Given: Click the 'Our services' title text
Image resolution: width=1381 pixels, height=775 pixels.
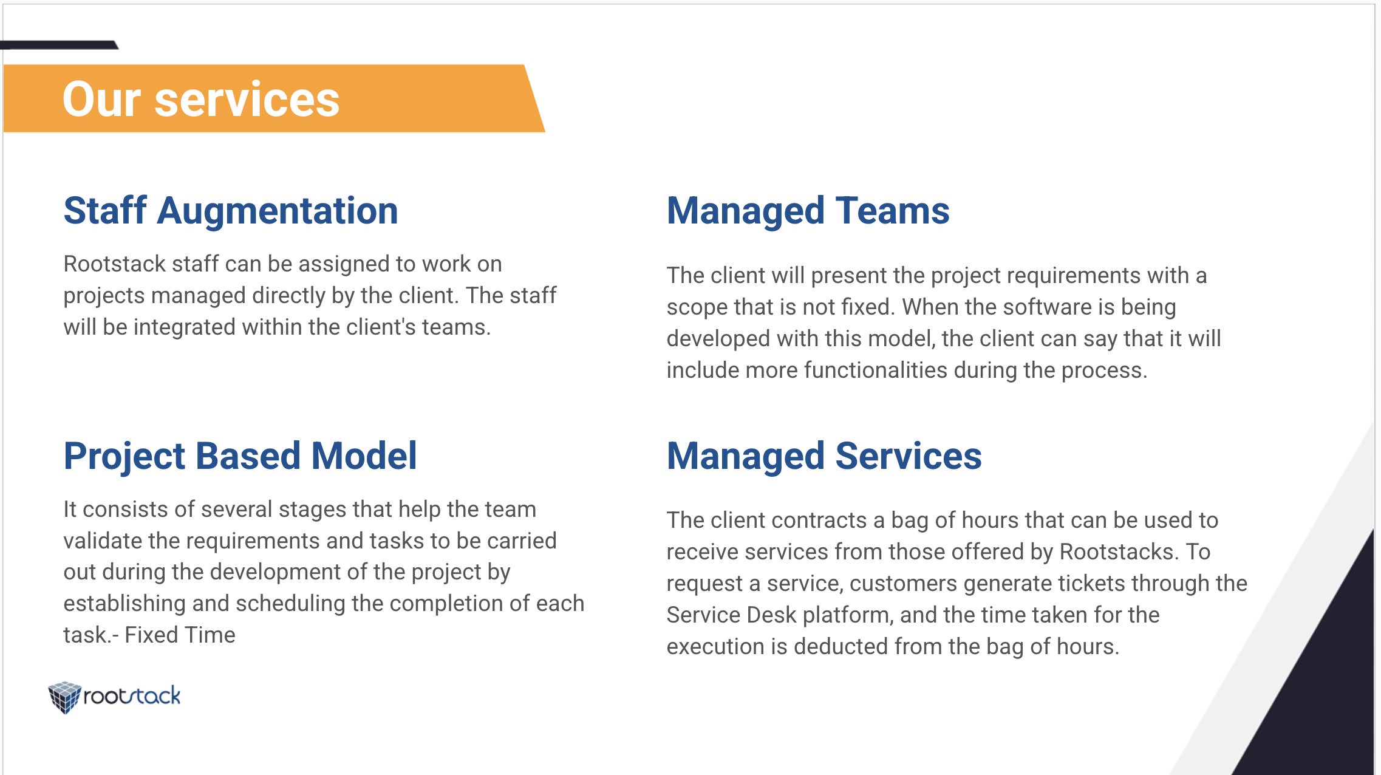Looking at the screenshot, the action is coord(201,99).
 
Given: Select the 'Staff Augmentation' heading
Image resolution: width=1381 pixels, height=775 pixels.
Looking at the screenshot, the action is coord(231,211).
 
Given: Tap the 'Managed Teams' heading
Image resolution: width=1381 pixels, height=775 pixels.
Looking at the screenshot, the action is coord(808,211).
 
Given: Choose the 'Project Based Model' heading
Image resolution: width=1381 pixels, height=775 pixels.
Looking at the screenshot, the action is coord(240,456).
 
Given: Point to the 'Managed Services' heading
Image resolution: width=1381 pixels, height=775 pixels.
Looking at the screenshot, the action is coord(824,456).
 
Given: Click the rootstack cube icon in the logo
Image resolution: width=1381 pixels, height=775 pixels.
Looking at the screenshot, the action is coord(64,697).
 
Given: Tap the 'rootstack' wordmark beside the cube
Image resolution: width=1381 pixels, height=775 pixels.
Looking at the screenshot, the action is coord(132,696).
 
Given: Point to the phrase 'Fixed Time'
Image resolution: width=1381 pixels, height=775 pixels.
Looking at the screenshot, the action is coord(180,635).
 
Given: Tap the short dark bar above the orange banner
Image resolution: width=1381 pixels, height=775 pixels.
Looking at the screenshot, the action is coord(59,45).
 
